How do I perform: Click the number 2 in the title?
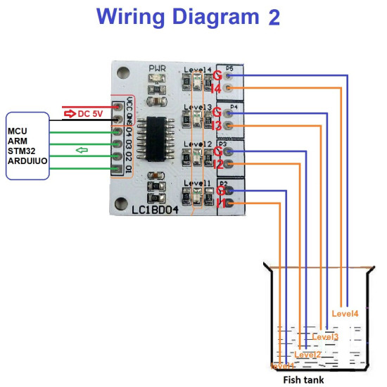coord(274,17)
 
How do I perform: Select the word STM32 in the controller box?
coord(21,151)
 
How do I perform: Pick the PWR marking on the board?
coord(157,69)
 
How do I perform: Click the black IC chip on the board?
coord(159,139)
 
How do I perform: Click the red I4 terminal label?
coord(217,88)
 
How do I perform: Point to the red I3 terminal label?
coord(217,126)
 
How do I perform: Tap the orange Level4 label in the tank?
coord(344,313)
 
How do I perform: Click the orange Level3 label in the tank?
coord(324,337)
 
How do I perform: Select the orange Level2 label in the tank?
coord(307,354)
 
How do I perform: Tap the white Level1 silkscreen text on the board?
coord(197,183)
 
